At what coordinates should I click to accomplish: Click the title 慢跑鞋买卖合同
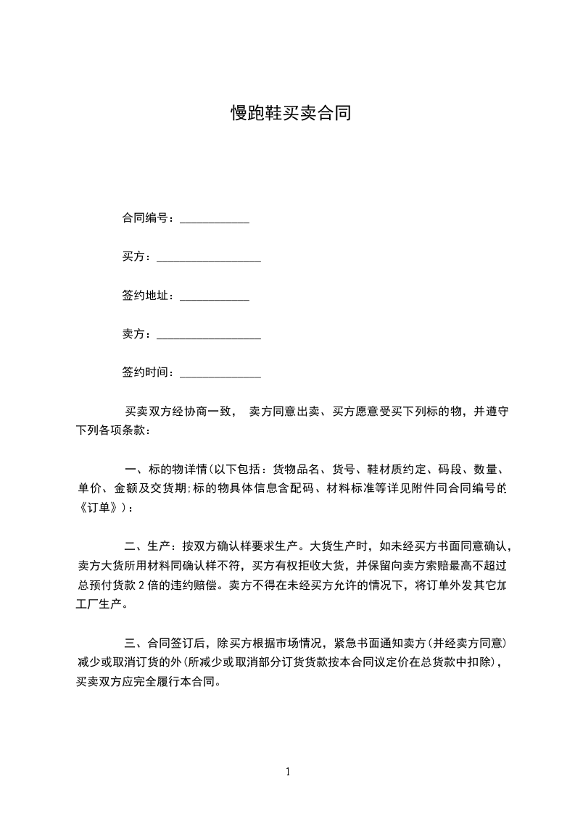(x=290, y=113)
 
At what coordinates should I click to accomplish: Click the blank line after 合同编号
(x=214, y=220)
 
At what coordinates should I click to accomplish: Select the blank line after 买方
(x=209, y=259)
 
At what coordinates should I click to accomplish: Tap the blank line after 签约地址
(x=214, y=297)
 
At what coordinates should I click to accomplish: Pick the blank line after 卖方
(x=209, y=336)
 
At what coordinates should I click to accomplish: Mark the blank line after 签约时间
(x=220, y=375)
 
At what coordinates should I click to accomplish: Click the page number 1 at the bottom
(x=288, y=772)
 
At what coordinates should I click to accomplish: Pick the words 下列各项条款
(x=110, y=430)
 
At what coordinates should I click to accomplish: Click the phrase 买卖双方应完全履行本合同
(x=144, y=681)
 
